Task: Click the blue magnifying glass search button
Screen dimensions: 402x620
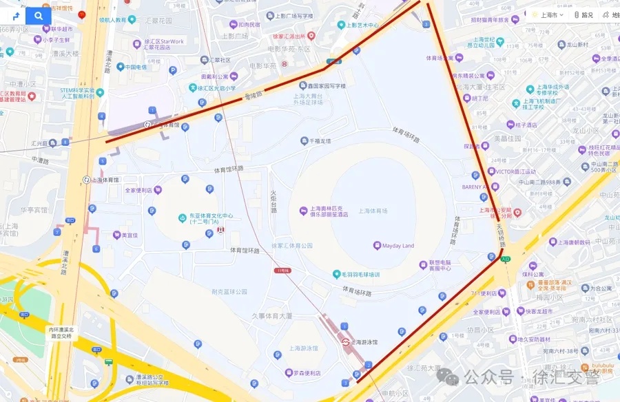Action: (39, 16)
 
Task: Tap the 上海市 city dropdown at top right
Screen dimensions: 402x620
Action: (548, 14)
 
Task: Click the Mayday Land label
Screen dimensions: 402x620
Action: (398, 246)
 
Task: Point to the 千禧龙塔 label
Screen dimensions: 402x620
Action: (320, 141)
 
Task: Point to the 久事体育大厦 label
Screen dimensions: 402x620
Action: (272, 316)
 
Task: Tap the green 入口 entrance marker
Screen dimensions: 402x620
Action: (506, 260)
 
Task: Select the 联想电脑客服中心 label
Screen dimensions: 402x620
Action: (440, 265)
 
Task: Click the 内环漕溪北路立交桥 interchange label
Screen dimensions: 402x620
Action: (60, 332)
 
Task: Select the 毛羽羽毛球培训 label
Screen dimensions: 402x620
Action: (360, 274)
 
